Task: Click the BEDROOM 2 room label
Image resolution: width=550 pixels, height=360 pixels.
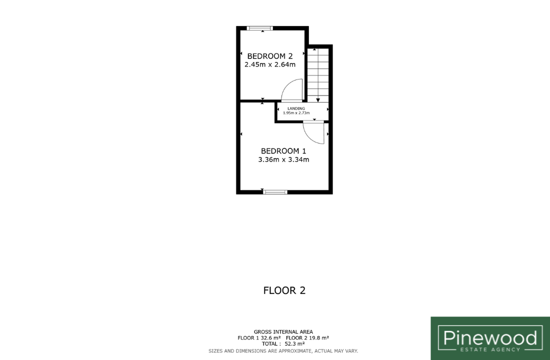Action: pyautogui.click(x=269, y=56)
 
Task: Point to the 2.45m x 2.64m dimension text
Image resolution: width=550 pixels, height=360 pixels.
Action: pyautogui.click(x=269, y=64)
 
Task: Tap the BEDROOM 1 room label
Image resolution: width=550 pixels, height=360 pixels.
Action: pyautogui.click(x=283, y=151)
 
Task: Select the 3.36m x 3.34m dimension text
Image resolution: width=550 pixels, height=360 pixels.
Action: pyautogui.click(x=283, y=159)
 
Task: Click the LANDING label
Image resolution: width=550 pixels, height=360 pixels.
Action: pyautogui.click(x=296, y=109)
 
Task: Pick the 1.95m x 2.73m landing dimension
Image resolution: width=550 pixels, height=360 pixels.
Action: pyautogui.click(x=296, y=113)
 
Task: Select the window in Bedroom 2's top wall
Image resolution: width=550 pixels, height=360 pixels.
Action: pyautogui.click(x=259, y=28)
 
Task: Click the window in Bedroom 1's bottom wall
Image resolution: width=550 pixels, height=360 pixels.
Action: pyautogui.click(x=275, y=192)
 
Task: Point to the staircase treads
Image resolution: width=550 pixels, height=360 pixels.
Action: pyautogui.click(x=318, y=75)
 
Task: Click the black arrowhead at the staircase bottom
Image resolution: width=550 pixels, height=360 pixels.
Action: pyautogui.click(x=318, y=100)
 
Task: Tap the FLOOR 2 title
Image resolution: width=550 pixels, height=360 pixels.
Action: pyautogui.click(x=284, y=290)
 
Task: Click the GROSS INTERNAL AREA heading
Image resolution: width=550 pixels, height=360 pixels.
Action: pyautogui.click(x=283, y=331)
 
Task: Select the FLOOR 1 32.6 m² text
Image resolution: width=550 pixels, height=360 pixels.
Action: pyautogui.click(x=259, y=338)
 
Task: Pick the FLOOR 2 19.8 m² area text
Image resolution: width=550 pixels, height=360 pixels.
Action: pyautogui.click(x=307, y=338)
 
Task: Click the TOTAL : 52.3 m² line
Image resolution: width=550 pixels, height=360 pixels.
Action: pyautogui.click(x=283, y=344)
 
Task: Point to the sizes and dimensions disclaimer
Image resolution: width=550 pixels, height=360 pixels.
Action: pyautogui.click(x=283, y=351)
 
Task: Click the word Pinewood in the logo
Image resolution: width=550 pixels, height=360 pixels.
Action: pyautogui.click(x=490, y=338)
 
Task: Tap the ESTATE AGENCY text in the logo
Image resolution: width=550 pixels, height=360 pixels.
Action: pyautogui.click(x=490, y=349)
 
